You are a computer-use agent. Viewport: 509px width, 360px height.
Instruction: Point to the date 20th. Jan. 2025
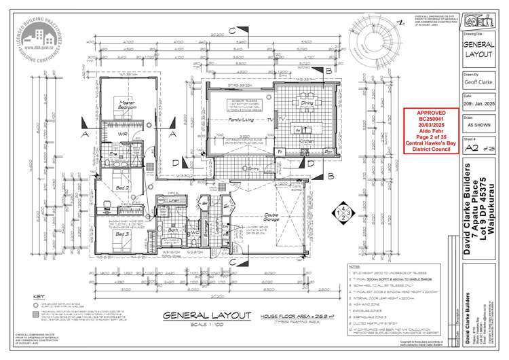coord(480,107)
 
